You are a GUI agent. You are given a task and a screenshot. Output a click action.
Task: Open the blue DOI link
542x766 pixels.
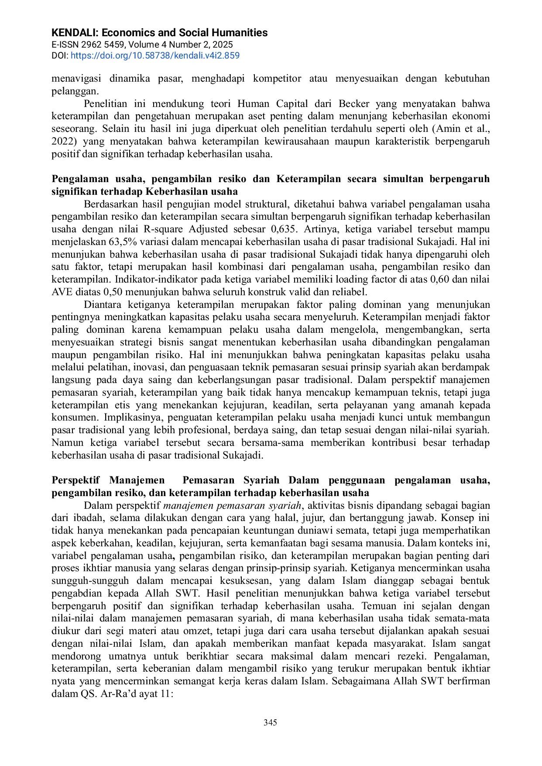click(155, 55)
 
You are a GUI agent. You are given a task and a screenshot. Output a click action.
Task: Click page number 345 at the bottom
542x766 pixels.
click(270, 722)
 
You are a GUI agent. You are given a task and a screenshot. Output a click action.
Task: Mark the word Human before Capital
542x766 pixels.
click(252, 104)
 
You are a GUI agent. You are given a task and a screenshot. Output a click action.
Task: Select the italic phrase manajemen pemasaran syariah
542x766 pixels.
click(232, 505)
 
